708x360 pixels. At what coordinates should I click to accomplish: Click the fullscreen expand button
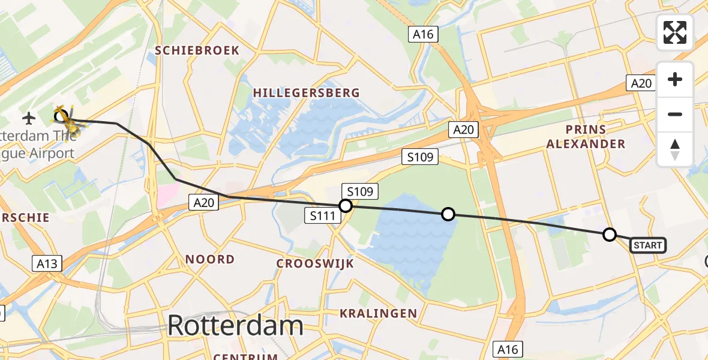point(675,32)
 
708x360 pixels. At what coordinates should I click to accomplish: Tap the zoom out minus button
point(675,114)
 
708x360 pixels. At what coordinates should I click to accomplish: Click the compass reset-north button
point(675,149)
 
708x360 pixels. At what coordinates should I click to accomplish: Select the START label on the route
point(648,245)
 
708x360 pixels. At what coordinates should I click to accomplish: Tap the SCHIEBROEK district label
point(197,50)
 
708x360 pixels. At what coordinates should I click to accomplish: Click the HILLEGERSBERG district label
point(306,92)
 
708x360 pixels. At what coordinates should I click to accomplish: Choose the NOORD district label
point(209,259)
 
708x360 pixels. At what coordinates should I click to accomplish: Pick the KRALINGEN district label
point(378,313)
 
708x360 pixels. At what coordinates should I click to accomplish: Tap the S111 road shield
point(323,215)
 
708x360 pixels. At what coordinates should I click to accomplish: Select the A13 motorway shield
point(47,262)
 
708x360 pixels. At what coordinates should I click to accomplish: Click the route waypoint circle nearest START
point(609,234)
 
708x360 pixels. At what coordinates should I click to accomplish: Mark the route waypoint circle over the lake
point(448,214)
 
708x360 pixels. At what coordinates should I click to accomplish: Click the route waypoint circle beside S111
point(345,206)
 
